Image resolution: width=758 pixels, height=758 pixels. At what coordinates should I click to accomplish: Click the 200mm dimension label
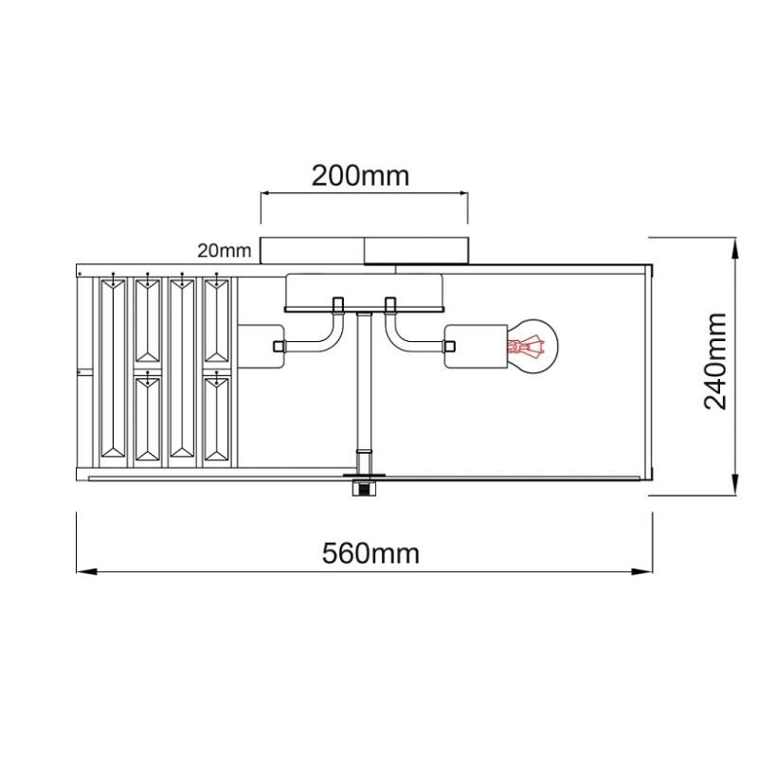[360, 176]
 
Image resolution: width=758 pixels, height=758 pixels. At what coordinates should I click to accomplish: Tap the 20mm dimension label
[225, 250]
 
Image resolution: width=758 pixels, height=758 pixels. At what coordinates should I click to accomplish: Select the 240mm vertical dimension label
[715, 361]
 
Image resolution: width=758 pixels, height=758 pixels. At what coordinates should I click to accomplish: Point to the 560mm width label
[370, 553]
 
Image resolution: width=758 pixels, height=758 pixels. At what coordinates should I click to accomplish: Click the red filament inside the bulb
[526, 347]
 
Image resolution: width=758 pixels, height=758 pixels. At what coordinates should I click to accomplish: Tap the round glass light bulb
[532, 346]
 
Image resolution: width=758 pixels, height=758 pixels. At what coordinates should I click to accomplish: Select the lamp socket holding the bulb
[476, 346]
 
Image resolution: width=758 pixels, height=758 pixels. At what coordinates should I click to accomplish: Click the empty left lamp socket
[261, 346]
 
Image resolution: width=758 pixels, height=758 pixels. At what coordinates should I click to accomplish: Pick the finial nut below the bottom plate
[365, 488]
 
